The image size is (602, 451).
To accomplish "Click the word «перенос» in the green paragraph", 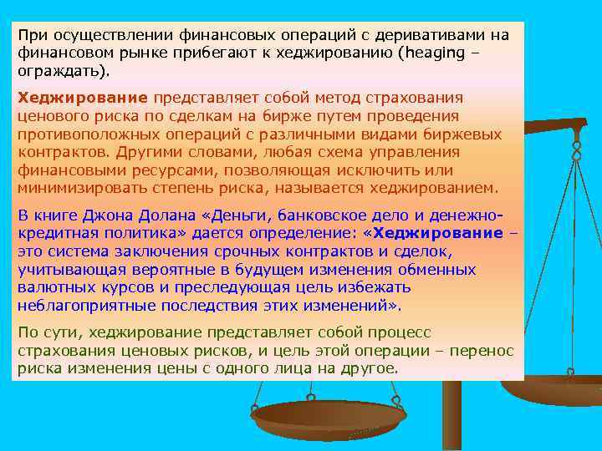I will coord(485,350).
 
